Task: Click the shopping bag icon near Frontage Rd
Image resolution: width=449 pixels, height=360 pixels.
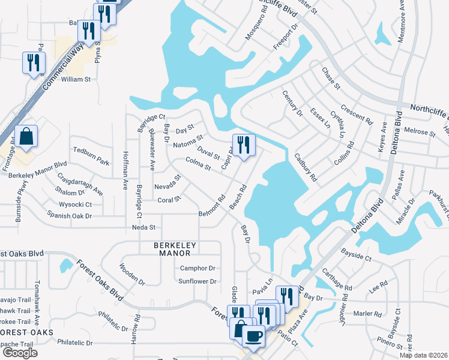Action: pyautogui.click(x=27, y=137)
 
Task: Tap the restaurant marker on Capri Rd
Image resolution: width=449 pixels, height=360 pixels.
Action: pyautogui.click(x=243, y=146)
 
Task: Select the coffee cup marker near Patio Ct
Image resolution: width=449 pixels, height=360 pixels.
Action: pyautogui.click(x=254, y=337)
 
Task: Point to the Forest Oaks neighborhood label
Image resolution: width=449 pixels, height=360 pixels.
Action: pyautogui.click(x=26, y=332)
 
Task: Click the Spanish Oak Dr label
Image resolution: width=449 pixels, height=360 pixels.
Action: pyautogui.click(x=70, y=215)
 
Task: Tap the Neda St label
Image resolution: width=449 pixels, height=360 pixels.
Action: pyautogui.click(x=143, y=227)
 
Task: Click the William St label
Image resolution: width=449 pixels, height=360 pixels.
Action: pyautogui.click(x=76, y=79)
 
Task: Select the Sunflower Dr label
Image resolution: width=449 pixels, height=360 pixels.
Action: pyautogui.click(x=196, y=281)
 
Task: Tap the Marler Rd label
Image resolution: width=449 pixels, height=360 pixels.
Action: pyautogui.click(x=368, y=313)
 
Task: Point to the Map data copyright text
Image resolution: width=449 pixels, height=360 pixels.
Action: pyautogui.click(x=423, y=355)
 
